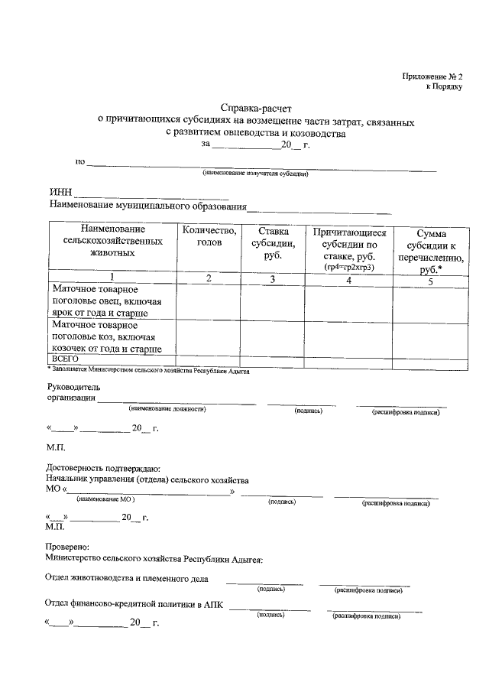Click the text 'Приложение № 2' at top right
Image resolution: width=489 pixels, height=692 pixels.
click(x=433, y=76)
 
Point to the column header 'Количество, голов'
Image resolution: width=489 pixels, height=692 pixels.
click(x=209, y=236)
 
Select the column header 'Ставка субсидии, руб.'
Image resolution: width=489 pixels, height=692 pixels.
click(x=273, y=243)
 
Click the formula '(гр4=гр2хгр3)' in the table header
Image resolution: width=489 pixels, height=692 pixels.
click(x=348, y=267)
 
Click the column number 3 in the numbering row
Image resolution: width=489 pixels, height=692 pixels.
click(x=273, y=279)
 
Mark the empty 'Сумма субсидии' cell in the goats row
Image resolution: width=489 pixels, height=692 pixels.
click(x=431, y=336)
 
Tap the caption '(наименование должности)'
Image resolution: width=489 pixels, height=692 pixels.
click(x=167, y=410)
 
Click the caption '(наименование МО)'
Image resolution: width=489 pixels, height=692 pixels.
click(x=106, y=499)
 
